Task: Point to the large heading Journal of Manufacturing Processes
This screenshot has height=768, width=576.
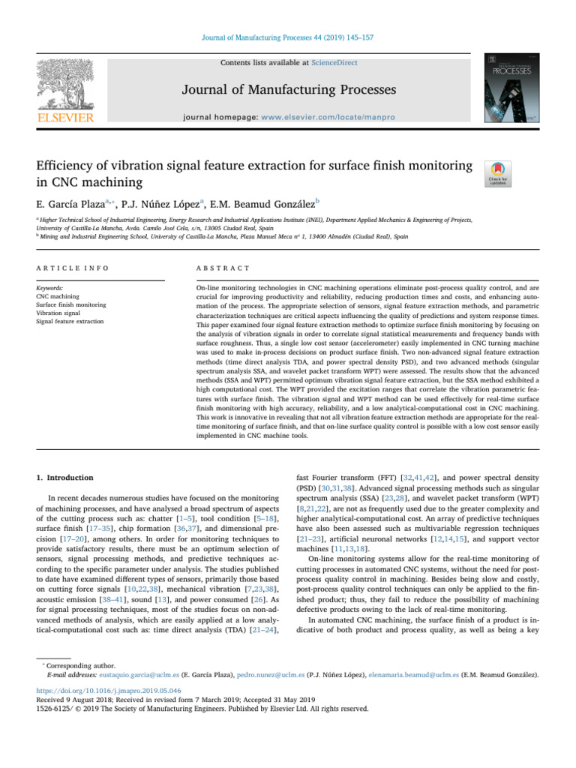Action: click(x=289, y=91)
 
